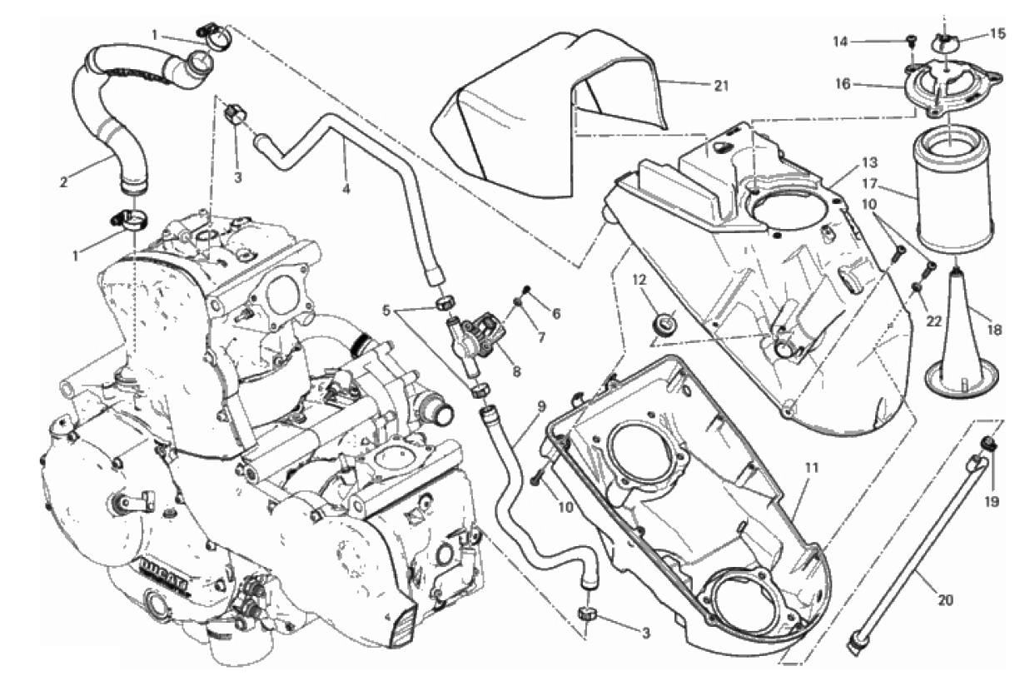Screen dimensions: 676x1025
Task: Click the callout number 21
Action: tap(721, 85)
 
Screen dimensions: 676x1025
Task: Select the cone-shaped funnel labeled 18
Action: tap(958, 333)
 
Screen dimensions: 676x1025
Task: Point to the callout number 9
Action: tap(541, 407)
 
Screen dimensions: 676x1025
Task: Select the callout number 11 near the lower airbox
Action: tap(813, 468)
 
